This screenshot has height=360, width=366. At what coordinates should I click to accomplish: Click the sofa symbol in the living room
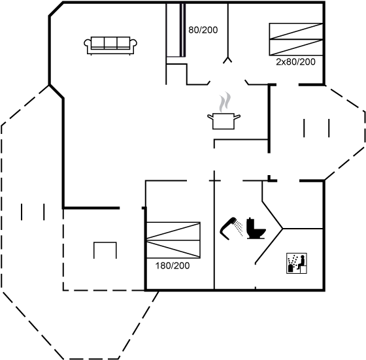(x=110, y=46)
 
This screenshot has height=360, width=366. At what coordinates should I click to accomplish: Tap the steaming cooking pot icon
(x=224, y=111)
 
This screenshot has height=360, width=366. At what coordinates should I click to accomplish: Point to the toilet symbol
(x=256, y=229)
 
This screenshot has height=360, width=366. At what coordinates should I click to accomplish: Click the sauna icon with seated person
(x=297, y=263)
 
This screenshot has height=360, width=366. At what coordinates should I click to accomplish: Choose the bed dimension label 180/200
(x=173, y=266)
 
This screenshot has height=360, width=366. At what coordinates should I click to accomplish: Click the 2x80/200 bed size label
(x=295, y=62)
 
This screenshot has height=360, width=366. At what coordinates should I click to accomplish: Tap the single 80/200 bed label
(x=203, y=30)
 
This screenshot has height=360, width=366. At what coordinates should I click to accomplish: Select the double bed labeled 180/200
(x=173, y=240)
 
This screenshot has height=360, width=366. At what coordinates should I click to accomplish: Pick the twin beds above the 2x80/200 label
(x=296, y=39)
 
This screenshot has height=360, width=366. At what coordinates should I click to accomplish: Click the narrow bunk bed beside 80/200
(x=176, y=30)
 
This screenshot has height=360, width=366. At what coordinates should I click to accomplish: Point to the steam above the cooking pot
(x=225, y=102)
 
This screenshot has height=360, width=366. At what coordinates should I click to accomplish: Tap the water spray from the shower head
(x=239, y=227)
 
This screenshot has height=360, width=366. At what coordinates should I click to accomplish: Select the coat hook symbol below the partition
(x=227, y=59)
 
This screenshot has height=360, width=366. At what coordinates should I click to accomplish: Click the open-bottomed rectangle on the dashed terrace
(x=105, y=250)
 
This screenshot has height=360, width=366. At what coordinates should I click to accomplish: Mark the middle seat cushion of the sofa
(x=110, y=43)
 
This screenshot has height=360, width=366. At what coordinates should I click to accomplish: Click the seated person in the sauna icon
(x=301, y=262)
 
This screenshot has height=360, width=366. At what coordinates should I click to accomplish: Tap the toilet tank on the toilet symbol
(x=250, y=223)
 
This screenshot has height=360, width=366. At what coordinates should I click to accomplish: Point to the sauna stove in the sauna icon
(x=291, y=267)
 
